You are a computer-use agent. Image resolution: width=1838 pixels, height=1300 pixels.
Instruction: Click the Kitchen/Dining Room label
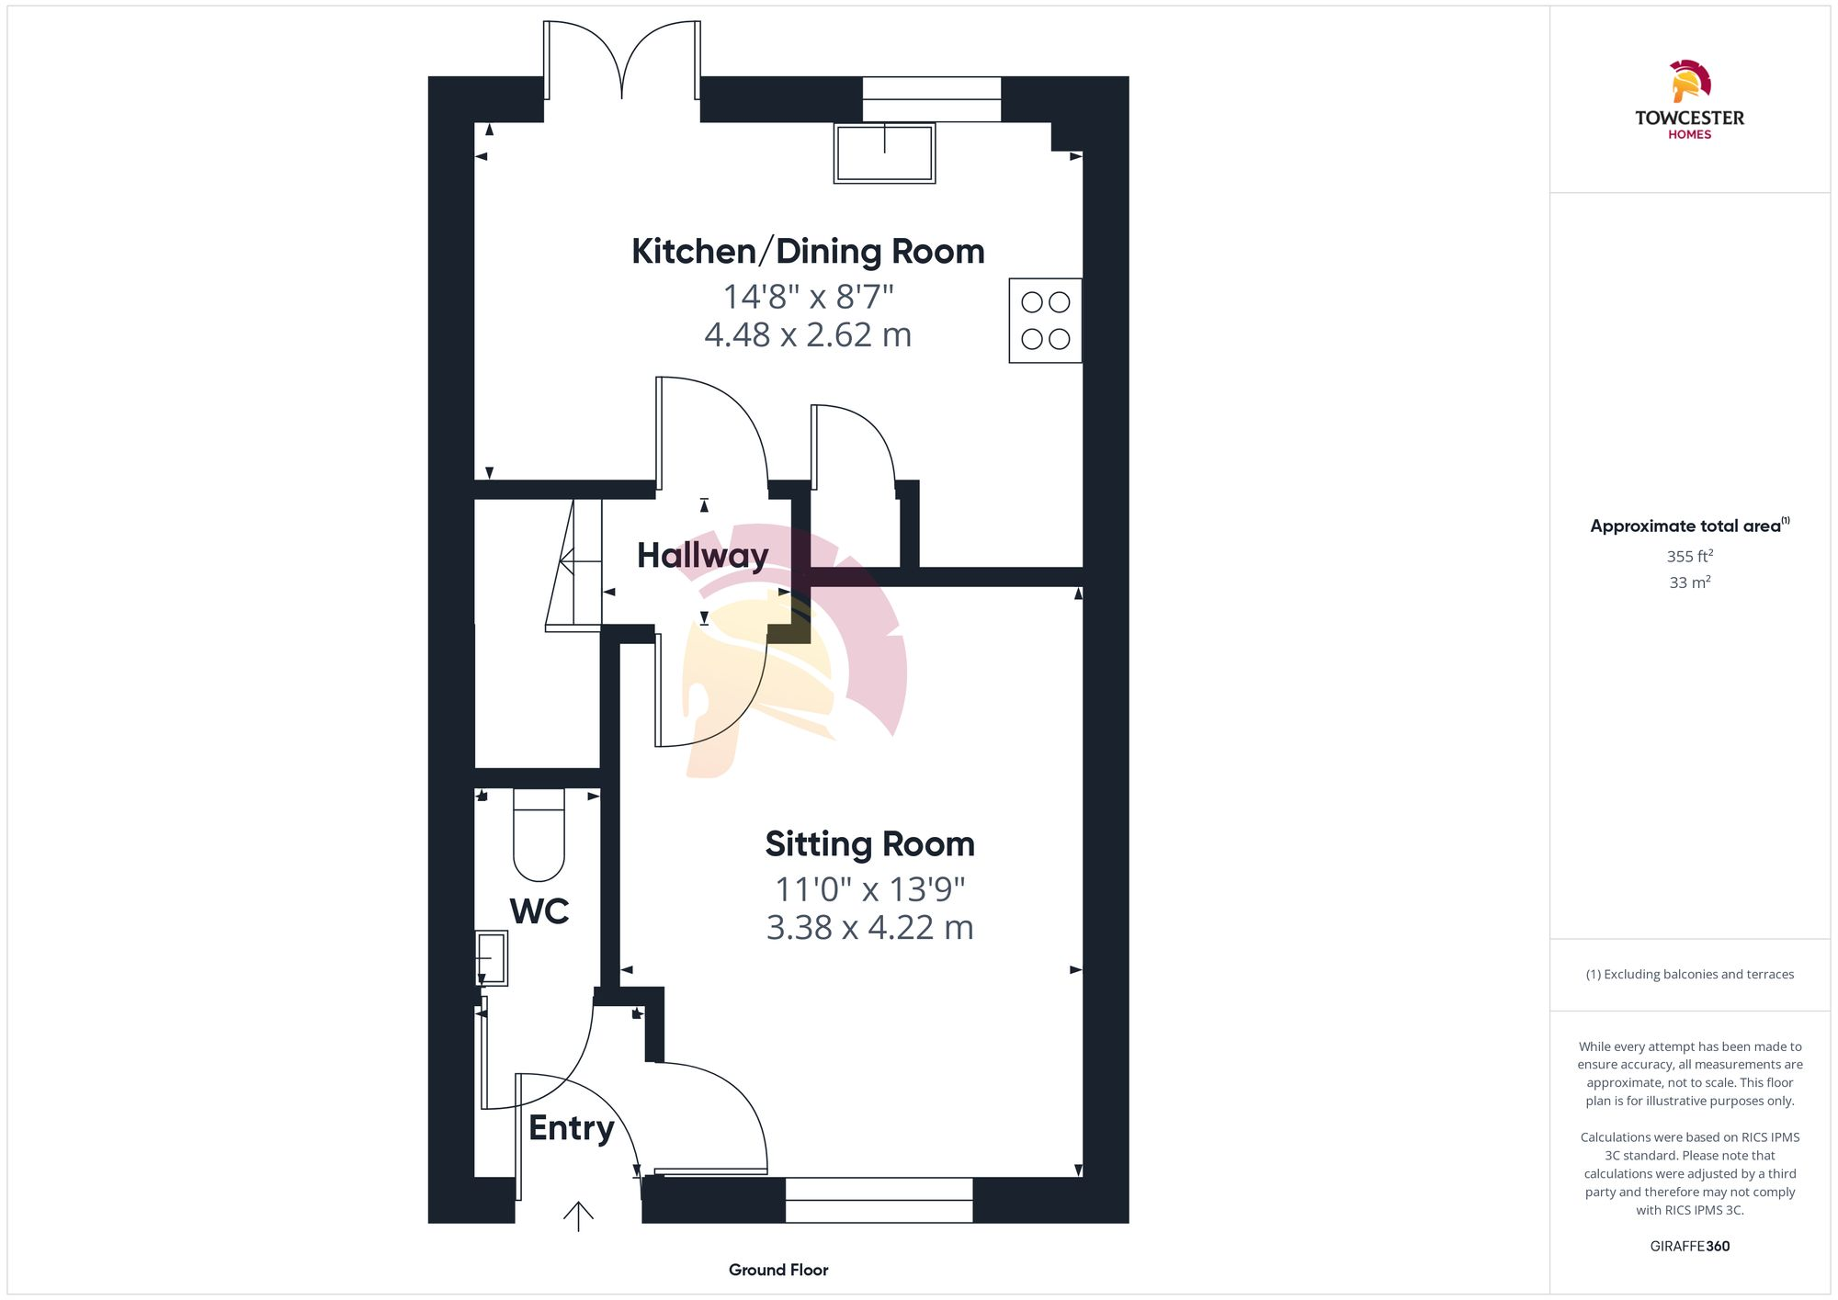[807, 251]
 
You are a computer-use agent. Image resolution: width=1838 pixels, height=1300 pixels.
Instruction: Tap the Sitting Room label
[869, 843]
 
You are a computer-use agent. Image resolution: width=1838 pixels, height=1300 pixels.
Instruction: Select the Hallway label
[702, 555]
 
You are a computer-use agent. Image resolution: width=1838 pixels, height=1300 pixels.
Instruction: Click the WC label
[539, 910]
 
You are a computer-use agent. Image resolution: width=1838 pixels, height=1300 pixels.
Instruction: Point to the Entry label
[571, 1127]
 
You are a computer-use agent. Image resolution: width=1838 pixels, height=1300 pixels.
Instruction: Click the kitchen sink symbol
[884, 153]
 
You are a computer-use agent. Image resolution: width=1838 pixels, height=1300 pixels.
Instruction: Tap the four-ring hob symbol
[1045, 321]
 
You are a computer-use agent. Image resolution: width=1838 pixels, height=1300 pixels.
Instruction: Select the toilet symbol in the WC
[539, 836]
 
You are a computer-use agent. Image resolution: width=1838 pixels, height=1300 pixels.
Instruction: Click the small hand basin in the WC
[492, 958]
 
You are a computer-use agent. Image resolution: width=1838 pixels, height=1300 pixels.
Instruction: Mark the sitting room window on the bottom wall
[879, 1200]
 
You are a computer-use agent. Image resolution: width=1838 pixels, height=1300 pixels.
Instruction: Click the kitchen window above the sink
[931, 99]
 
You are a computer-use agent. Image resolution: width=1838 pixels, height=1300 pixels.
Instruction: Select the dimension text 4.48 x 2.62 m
[807, 335]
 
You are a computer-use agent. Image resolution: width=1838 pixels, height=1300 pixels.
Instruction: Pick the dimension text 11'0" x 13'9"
[869, 889]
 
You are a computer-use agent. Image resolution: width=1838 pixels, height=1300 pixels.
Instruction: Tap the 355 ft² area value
[1689, 557]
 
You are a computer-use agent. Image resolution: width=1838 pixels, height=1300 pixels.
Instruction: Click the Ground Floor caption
[778, 1270]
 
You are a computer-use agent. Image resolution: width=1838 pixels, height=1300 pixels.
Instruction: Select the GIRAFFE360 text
[1689, 1247]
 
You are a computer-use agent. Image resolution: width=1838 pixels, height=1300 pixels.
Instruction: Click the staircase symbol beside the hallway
[574, 564]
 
